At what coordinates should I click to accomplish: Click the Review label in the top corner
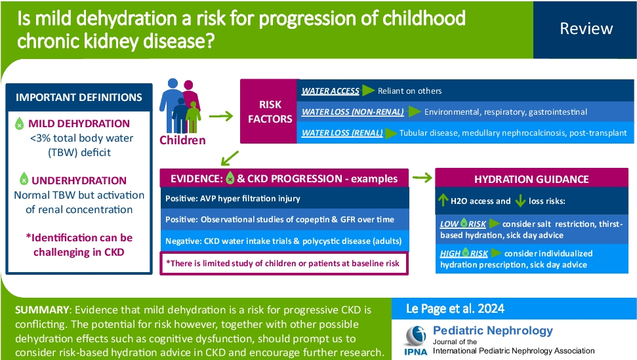(586, 29)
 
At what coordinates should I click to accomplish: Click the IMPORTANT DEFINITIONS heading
(79, 97)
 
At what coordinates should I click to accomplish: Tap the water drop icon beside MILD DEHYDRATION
(20, 123)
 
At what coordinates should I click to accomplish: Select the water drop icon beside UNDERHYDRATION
(24, 178)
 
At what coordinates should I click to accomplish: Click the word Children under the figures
(183, 140)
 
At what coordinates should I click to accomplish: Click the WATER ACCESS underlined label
(331, 91)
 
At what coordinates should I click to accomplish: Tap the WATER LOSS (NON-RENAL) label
(352, 111)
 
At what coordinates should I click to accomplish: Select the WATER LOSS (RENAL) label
(342, 133)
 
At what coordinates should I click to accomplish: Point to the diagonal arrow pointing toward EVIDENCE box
(230, 157)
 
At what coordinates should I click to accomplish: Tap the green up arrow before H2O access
(443, 201)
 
